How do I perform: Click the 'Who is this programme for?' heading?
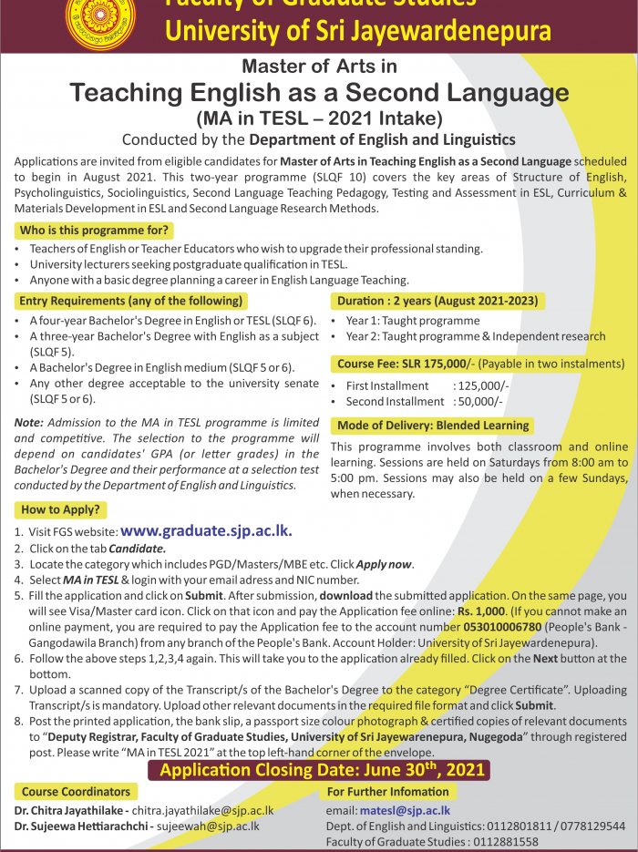click(94, 231)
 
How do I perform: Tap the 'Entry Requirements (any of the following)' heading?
click(131, 301)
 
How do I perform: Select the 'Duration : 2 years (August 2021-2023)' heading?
click(437, 301)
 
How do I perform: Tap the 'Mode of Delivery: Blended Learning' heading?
click(433, 426)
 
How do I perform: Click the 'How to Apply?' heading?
click(60, 509)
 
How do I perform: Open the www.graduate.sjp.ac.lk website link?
click(206, 530)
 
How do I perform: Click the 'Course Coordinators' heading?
click(77, 792)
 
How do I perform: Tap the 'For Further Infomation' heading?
click(387, 792)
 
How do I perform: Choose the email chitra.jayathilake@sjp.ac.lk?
click(202, 810)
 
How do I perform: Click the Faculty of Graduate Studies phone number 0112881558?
click(511, 841)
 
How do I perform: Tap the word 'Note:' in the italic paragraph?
click(29, 423)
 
